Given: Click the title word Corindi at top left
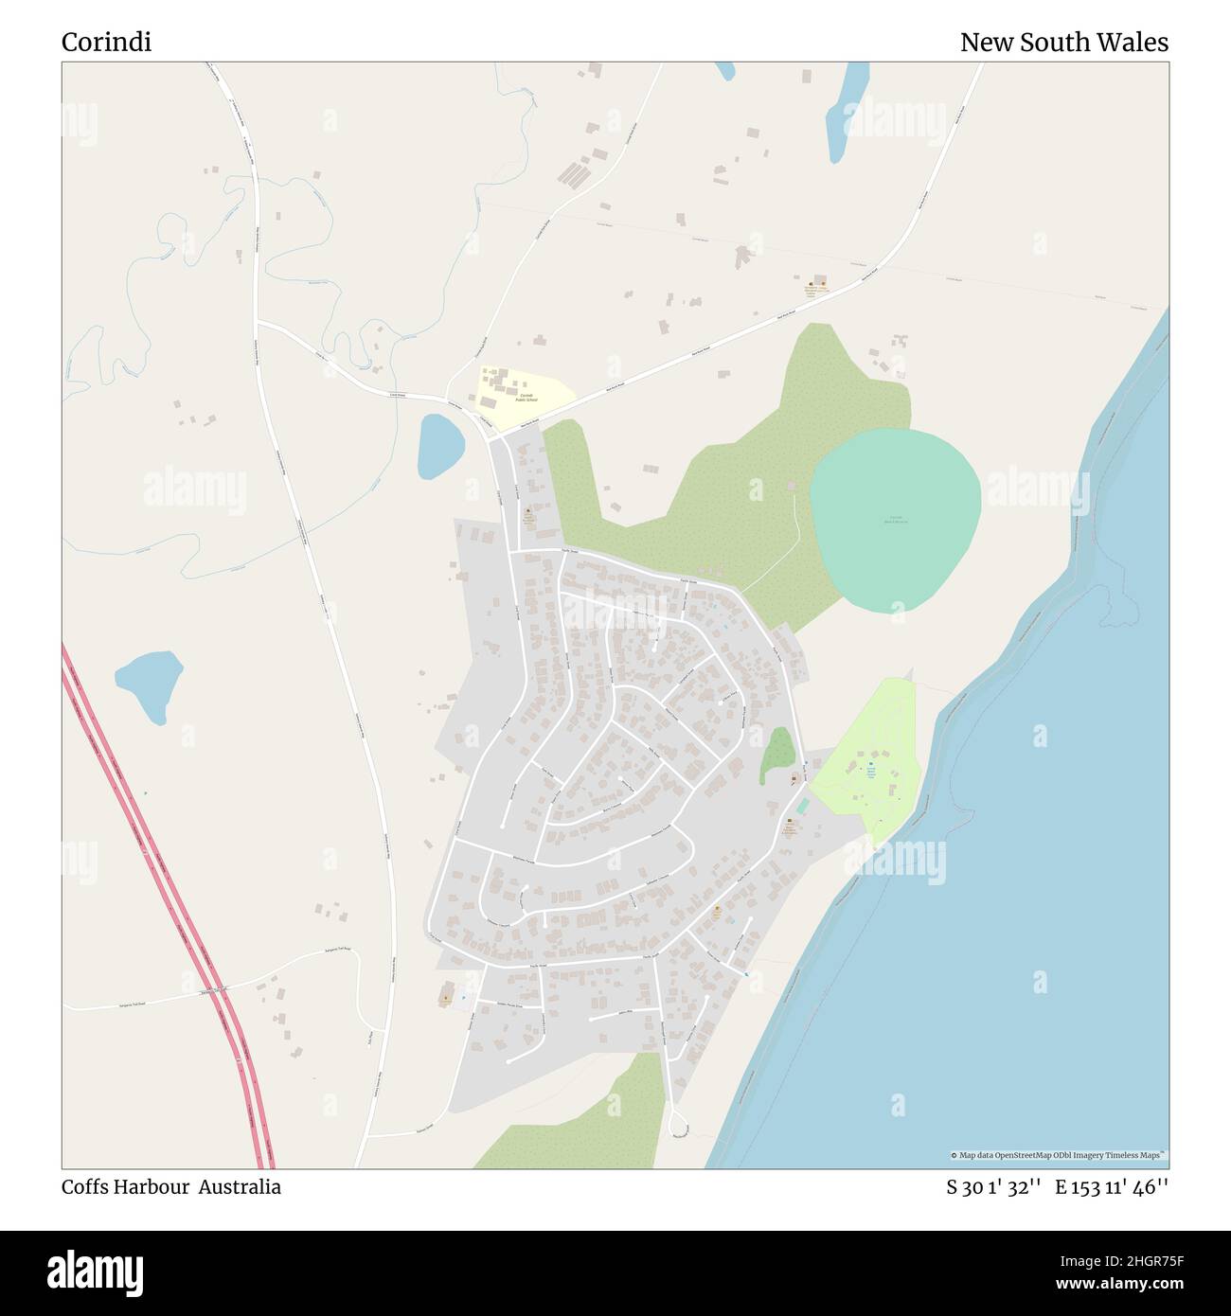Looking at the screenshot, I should (x=106, y=43).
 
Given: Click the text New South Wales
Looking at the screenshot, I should (x=1063, y=43).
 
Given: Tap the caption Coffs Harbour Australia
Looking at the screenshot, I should (x=171, y=1187).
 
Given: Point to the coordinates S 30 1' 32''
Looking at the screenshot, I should (x=994, y=1187).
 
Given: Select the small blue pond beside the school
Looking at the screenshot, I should (x=440, y=446).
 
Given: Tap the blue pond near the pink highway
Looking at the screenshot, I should (x=149, y=684).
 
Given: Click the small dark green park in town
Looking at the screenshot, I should (x=777, y=753).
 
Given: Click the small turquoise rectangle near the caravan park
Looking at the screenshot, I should (x=803, y=806).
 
